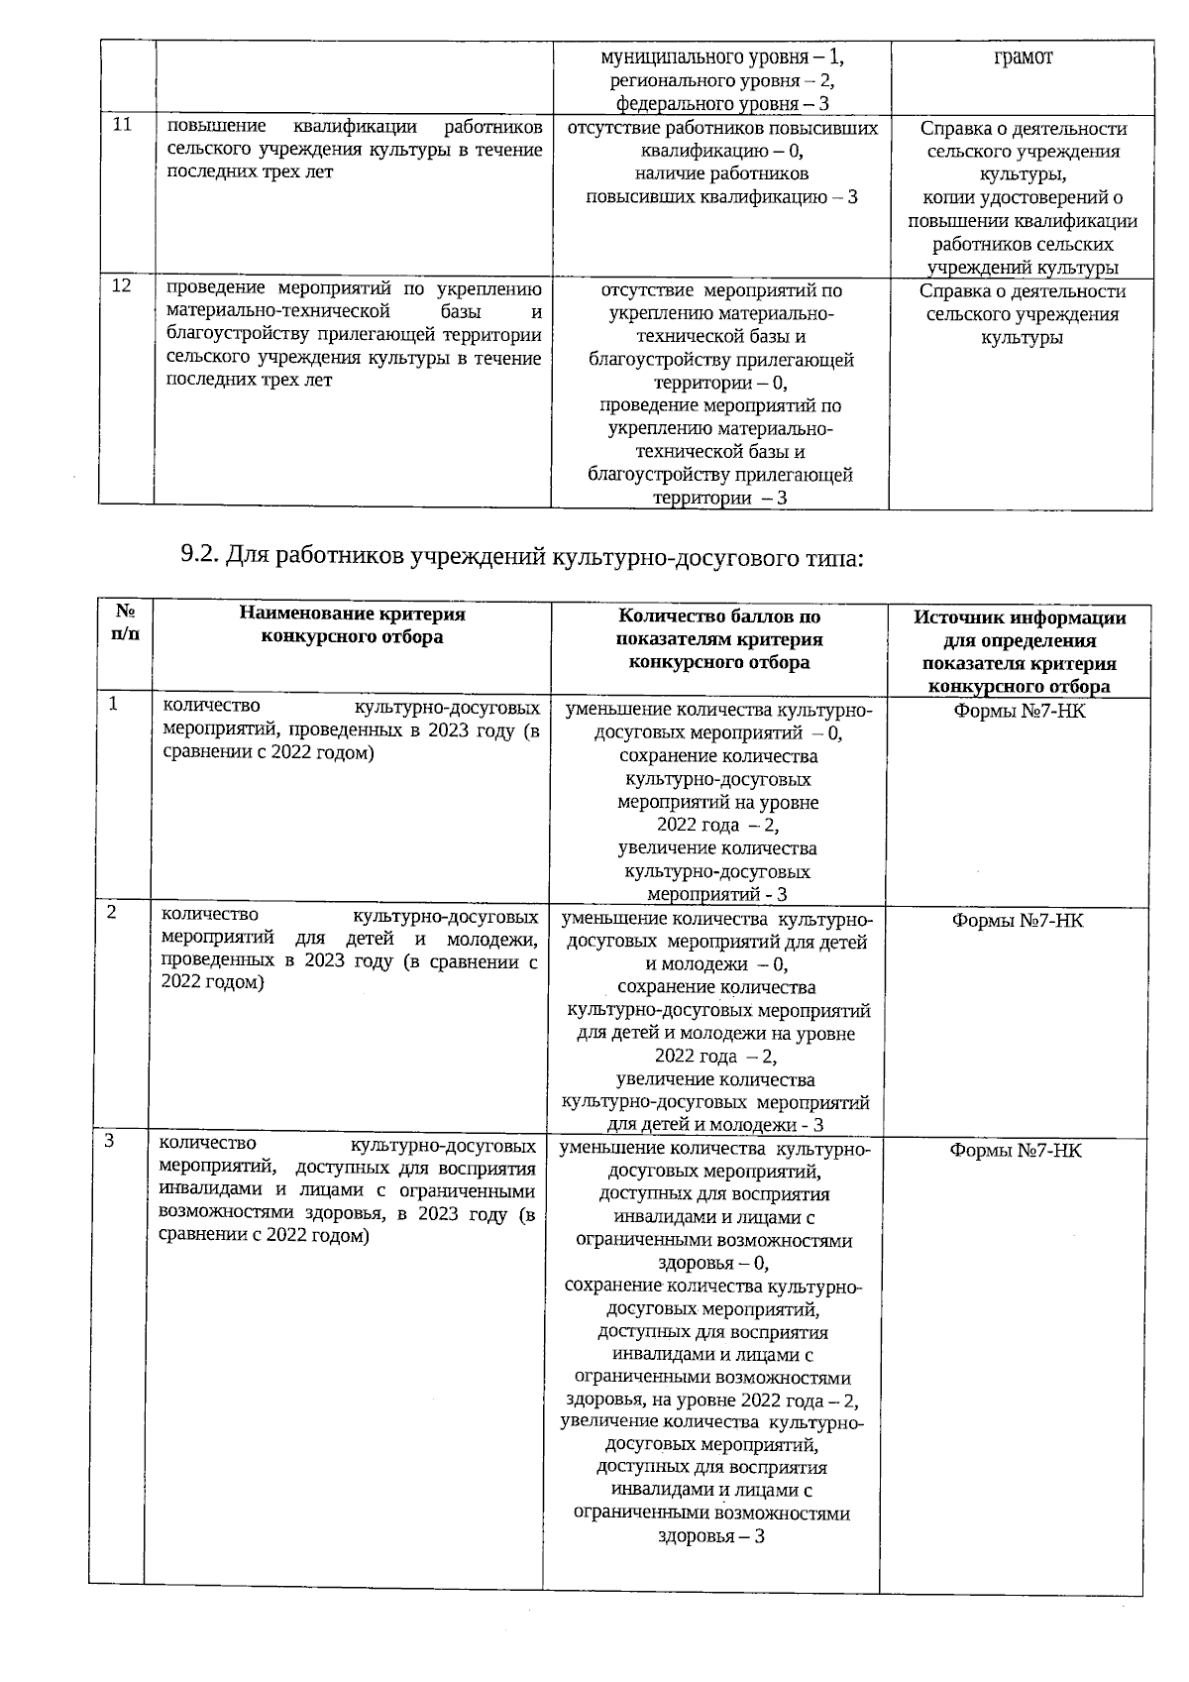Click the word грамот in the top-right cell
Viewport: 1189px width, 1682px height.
tap(1023, 56)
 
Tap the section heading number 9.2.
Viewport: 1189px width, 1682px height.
tap(199, 557)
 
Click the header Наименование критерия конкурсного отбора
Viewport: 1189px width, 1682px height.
tap(352, 625)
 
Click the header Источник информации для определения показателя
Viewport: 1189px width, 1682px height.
tap(1019, 651)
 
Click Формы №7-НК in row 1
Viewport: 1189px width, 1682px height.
tap(1019, 712)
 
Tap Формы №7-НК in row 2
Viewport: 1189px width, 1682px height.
tap(1017, 921)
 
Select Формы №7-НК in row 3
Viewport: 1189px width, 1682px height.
tap(1016, 1151)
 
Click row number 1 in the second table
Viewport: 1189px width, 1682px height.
tap(114, 704)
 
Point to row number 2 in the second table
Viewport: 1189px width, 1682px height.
tap(113, 912)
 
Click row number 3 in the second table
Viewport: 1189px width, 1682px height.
tap(110, 1141)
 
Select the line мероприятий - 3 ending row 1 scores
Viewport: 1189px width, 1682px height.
tap(716, 894)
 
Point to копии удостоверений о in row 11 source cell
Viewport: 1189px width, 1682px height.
tap(1023, 197)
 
